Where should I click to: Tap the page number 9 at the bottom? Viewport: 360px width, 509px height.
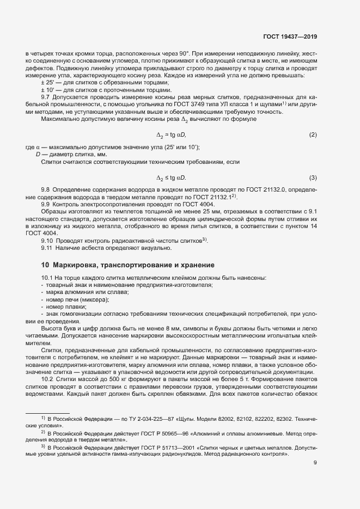315,463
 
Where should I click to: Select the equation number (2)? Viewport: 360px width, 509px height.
313,134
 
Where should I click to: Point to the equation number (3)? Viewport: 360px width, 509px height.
313,178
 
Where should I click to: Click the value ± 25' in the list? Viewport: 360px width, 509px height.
47,82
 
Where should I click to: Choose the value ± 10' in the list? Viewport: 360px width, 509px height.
47,89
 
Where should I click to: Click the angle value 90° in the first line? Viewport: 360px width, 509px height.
181,54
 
